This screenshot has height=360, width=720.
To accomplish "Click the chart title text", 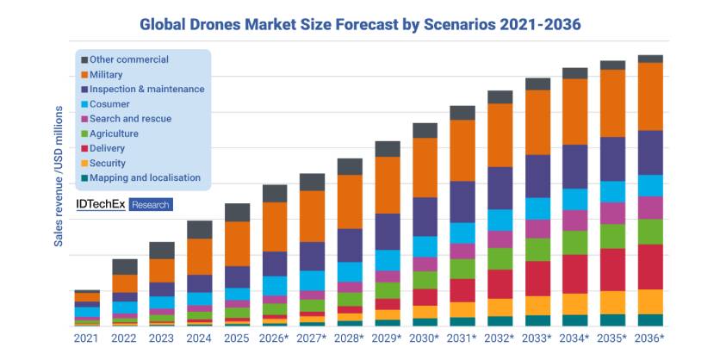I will pyautogui.click(x=360, y=23).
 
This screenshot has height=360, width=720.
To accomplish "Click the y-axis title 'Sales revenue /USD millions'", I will pyautogui.click(x=59, y=177).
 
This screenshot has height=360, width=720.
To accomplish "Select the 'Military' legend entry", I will pyautogui.click(x=106, y=75).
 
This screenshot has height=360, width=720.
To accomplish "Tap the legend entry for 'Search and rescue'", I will pyautogui.click(x=130, y=119).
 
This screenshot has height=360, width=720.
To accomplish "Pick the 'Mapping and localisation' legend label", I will pyautogui.click(x=145, y=178).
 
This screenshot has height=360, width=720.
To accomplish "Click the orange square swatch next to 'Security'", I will pyautogui.click(x=84, y=164).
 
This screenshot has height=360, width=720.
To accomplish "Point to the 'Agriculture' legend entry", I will pyautogui.click(x=114, y=133).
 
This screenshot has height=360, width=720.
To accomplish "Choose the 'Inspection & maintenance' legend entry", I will pyautogui.click(x=146, y=90).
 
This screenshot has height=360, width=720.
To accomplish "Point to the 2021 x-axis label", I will pyautogui.click(x=87, y=338).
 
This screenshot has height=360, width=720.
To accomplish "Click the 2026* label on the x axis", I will pyautogui.click(x=275, y=338).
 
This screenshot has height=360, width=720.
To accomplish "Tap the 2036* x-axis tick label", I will pyautogui.click(x=650, y=338).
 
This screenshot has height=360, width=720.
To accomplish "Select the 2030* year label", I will pyautogui.click(x=425, y=338).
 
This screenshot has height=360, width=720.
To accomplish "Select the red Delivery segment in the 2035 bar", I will pyautogui.click(x=612, y=270).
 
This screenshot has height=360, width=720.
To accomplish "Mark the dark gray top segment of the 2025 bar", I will pyautogui.click(x=237, y=213).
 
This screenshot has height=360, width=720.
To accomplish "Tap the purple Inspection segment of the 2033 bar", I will pyautogui.click(x=537, y=177).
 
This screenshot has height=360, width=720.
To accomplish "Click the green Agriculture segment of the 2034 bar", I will pyautogui.click(x=574, y=242).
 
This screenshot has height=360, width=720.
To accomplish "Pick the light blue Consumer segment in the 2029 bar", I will pyautogui.click(x=387, y=261).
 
